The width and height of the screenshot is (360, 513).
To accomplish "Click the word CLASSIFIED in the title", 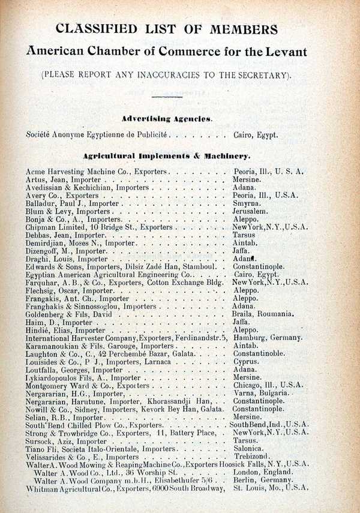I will [x=98, y=29].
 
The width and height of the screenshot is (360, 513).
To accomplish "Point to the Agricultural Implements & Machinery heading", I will [x=166, y=156].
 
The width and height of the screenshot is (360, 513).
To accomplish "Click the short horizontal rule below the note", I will [x=166, y=96].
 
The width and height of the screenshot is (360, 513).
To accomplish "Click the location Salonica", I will [x=250, y=449].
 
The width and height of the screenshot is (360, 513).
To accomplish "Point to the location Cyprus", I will [x=246, y=362].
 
